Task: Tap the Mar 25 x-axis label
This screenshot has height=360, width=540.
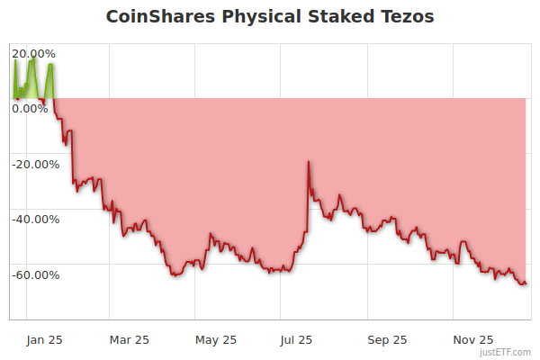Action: point(129,339)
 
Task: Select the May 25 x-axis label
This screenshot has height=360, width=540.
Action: point(216,339)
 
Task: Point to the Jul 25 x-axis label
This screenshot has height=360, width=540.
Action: point(297,339)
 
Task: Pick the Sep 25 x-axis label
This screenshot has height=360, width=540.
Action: point(388,339)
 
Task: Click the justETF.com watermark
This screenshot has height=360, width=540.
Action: point(507,352)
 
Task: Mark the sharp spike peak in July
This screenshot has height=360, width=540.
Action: point(309,162)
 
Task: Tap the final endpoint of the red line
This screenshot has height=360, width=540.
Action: point(526,284)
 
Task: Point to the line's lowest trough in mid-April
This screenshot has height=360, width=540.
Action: point(174,275)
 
